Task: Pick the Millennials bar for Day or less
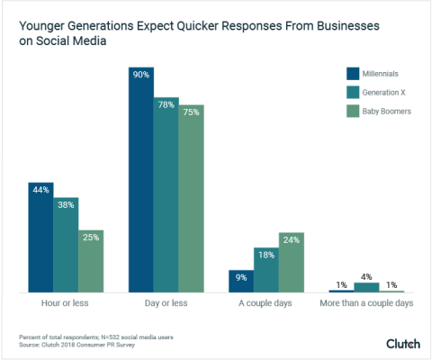pyautogui.click(x=141, y=180)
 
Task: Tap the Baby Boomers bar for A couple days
pyautogui.click(x=292, y=262)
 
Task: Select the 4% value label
pyautogui.click(x=366, y=277)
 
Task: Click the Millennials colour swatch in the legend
pyautogui.click(x=353, y=73)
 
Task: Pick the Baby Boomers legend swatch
pyautogui.click(x=353, y=111)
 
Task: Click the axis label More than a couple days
pyautogui.click(x=366, y=304)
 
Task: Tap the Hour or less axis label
pyautogui.click(x=66, y=304)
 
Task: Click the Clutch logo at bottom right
pyautogui.click(x=403, y=343)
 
